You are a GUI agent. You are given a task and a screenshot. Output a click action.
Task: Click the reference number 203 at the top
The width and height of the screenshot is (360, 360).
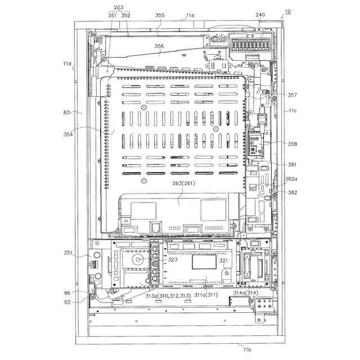118,8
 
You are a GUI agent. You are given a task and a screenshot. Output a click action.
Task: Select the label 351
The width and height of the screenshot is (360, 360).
112,16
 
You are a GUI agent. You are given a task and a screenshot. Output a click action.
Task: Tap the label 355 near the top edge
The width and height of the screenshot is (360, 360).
160,16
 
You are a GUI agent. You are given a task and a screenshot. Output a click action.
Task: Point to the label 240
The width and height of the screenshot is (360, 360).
259,16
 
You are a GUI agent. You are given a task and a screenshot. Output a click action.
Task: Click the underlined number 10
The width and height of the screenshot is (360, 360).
287,11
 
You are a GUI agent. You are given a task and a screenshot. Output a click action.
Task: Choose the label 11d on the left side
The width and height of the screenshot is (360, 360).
67,64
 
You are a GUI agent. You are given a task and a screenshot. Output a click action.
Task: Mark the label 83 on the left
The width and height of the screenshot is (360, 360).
67,112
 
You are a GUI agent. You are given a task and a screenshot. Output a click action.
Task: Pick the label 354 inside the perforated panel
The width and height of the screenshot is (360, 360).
85,135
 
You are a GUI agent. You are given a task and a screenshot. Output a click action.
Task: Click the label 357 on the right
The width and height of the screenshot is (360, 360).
292,94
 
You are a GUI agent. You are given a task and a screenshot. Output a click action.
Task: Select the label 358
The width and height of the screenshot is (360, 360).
292,144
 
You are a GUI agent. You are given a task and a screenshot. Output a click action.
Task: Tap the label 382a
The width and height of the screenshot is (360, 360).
291,179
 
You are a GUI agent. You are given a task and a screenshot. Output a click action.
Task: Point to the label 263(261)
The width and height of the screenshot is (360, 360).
179,182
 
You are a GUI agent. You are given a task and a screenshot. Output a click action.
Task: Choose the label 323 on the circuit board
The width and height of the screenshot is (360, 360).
172,260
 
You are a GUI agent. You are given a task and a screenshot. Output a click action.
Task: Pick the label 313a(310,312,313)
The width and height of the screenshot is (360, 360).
168,296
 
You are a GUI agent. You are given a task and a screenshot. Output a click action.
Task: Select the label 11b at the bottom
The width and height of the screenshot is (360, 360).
247,350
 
